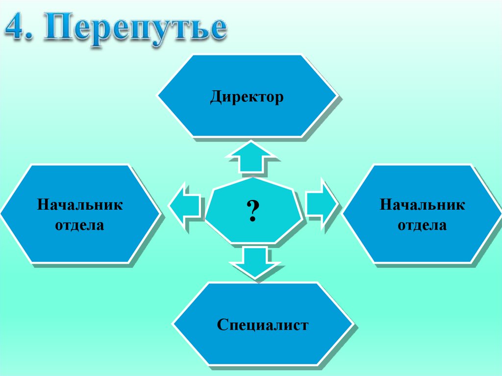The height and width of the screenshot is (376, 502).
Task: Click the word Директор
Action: [247, 97]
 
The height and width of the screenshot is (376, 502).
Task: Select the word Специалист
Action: [263, 324]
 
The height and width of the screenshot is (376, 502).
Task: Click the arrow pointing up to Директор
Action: [252, 157]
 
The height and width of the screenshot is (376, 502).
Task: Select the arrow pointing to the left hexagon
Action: [185, 206]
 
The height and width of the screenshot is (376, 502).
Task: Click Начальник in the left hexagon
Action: [79, 204]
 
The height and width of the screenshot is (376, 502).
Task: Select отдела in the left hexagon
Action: [79, 226]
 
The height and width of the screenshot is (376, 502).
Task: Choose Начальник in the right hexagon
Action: [422, 204]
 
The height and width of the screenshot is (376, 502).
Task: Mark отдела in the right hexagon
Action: [422, 226]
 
